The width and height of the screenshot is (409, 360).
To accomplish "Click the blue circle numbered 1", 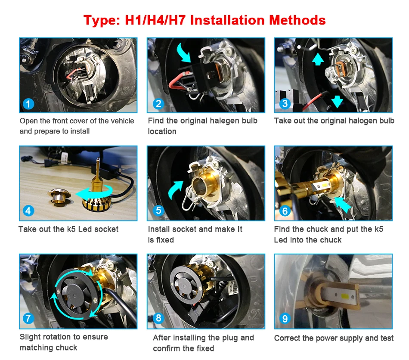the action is click(28, 104).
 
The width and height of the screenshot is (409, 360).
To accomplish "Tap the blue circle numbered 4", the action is click(28, 211).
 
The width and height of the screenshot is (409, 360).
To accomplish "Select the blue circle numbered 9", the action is click(285, 318).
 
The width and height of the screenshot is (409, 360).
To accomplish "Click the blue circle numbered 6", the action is click(285, 211).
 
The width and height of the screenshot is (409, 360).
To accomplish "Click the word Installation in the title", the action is click(227, 20).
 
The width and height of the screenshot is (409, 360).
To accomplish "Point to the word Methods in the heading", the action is click(297, 20).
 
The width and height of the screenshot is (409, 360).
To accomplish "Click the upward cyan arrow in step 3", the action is click(318, 59).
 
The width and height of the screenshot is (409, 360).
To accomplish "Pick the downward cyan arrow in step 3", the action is click(337, 101).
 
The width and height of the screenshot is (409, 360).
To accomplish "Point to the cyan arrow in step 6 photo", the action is click(343, 205).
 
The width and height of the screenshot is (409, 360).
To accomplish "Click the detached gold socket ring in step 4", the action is click(59, 196).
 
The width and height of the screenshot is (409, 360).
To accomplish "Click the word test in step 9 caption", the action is click(387, 338).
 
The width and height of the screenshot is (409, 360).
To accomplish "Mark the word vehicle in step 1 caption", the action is click(122, 121).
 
